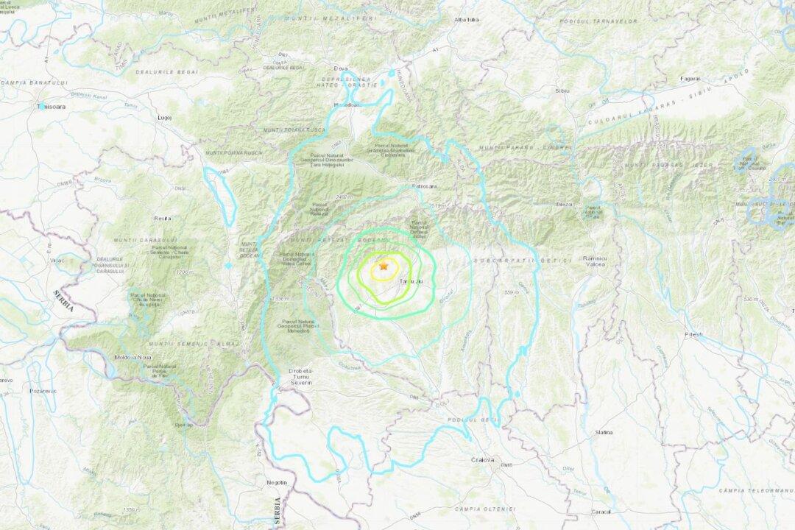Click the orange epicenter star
(383, 266)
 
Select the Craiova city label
(483, 460)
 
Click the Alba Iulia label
(467, 19)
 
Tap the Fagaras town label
(690, 77)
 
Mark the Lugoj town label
(163, 117)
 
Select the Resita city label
(163, 219)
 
